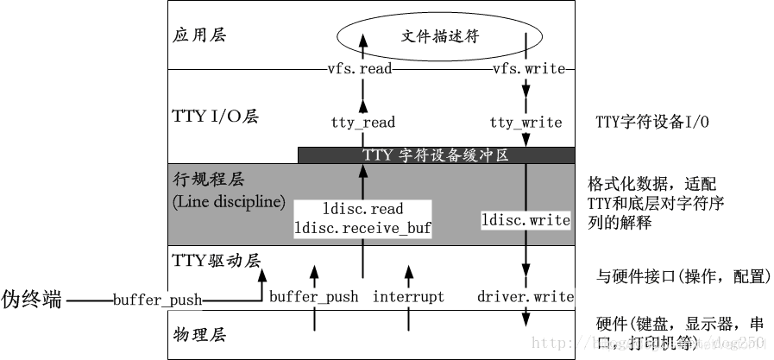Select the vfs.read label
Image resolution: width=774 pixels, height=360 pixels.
point(362,69)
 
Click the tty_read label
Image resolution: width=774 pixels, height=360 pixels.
point(362,123)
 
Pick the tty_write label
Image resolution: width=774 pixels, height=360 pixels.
point(525,123)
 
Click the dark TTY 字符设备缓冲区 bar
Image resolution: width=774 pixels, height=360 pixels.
point(436,155)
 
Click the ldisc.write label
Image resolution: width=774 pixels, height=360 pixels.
point(525,220)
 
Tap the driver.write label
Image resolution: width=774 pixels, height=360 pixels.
point(525,297)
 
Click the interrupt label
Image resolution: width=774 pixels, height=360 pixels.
point(408,297)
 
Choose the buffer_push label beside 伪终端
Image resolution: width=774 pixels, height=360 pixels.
point(157,300)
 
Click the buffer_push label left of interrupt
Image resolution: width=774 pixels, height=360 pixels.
point(313,297)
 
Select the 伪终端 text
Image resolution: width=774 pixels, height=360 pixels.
point(31,300)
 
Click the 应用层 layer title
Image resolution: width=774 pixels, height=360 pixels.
point(194,36)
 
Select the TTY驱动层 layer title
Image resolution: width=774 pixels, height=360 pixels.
point(217,259)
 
